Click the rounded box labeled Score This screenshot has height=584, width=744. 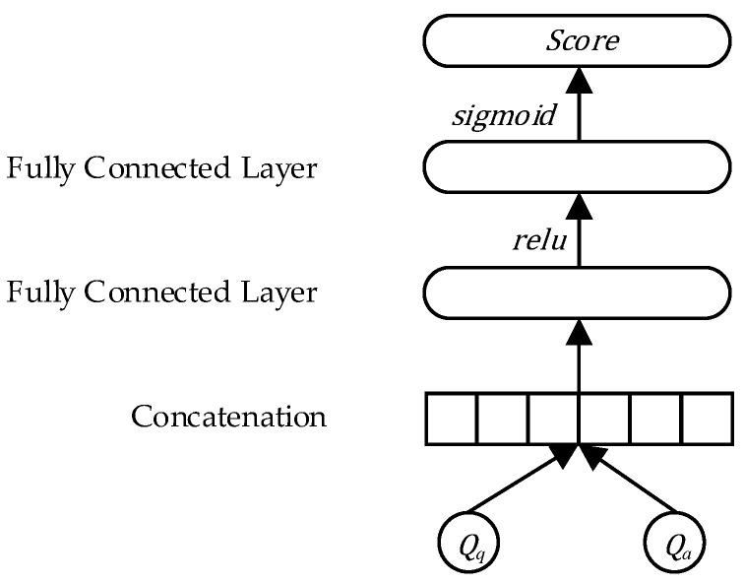pyautogui.click(x=579, y=41)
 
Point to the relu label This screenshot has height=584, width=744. pyautogui.click(x=539, y=239)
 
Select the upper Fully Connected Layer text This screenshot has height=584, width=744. pyautogui.click(x=162, y=168)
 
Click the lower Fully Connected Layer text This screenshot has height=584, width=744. pyautogui.click(x=162, y=292)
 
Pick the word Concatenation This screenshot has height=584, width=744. pyautogui.click(x=228, y=417)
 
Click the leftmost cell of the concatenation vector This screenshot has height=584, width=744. pyautogui.click(x=451, y=418)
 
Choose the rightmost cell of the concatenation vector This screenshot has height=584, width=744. pyautogui.click(x=707, y=418)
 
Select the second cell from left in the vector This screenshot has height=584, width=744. pyautogui.click(x=502, y=418)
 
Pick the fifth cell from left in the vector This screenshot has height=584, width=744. pyautogui.click(x=655, y=418)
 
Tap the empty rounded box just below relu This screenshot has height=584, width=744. pyautogui.click(x=579, y=292)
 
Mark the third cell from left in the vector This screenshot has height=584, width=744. pyautogui.click(x=553, y=418)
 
